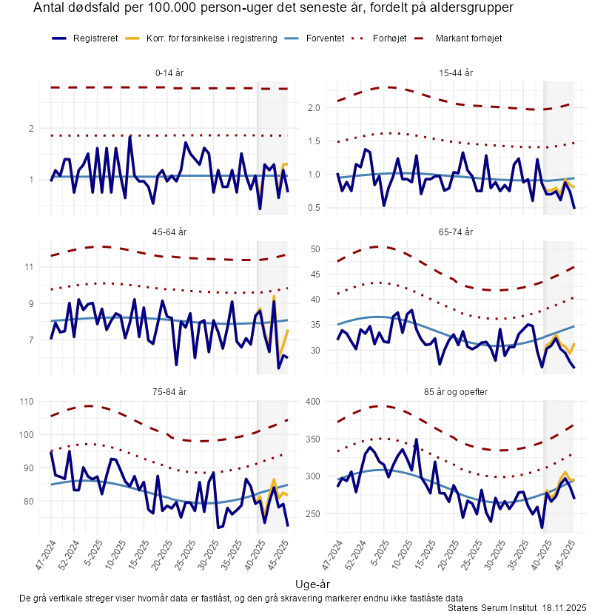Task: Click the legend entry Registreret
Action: pos(95,38)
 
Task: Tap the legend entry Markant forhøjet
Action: pos(469,38)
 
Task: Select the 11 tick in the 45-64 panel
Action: pos(30,266)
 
